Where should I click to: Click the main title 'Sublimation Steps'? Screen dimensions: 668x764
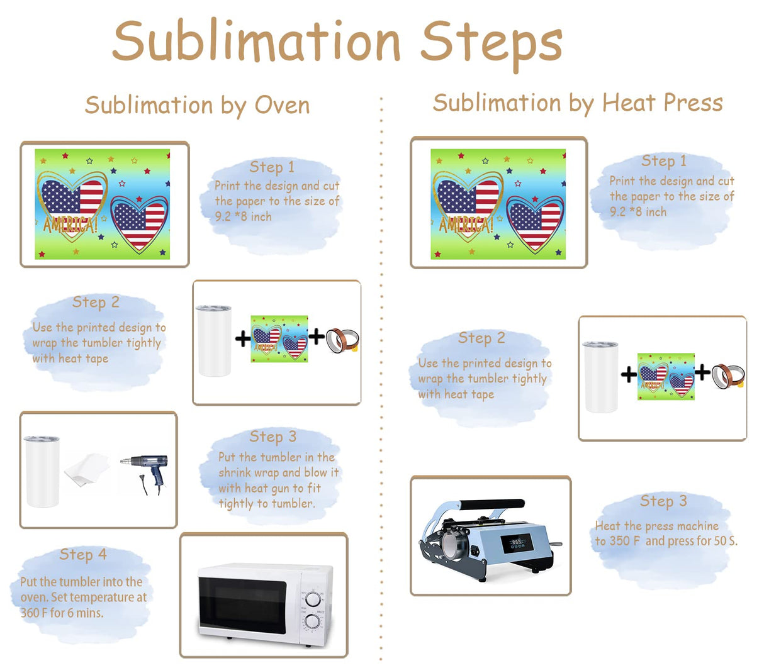(x=337, y=42)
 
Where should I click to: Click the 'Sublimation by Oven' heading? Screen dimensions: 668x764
(x=197, y=106)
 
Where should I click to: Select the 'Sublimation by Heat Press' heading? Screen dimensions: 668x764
(x=578, y=103)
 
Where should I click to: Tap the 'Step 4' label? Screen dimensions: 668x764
(x=83, y=554)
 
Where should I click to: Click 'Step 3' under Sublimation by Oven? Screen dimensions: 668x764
(x=272, y=437)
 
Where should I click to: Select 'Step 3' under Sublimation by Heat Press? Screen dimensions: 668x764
(x=663, y=501)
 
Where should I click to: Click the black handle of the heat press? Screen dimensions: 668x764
(x=492, y=504)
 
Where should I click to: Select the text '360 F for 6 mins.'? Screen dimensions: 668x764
(x=62, y=613)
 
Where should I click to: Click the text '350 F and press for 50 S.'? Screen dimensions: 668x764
(x=666, y=541)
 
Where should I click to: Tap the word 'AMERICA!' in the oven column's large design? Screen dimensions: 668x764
(x=70, y=225)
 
